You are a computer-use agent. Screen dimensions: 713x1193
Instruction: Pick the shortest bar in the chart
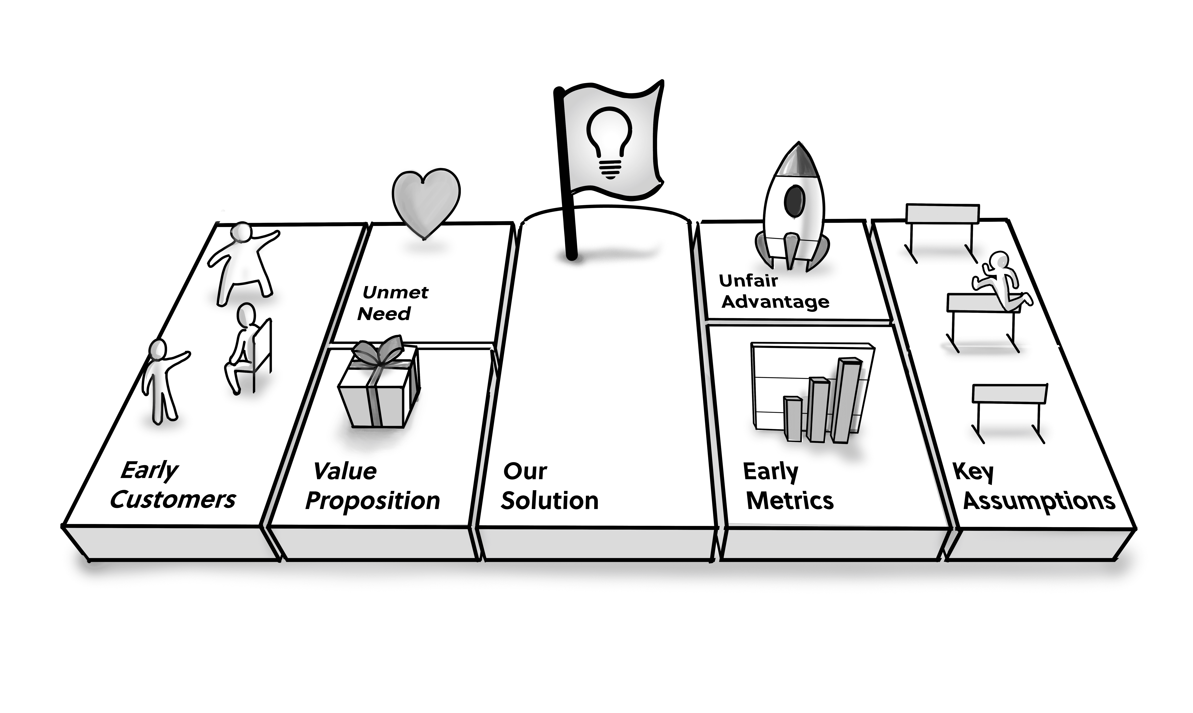[x=793, y=418]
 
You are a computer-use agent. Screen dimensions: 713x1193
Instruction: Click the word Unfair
[x=748, y=281]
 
